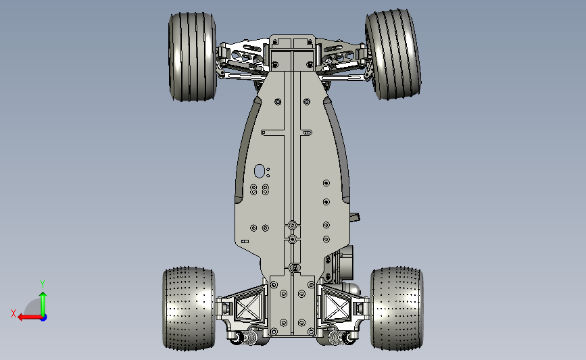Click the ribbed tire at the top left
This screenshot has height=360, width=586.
pyautogui.click(x=192, y=57)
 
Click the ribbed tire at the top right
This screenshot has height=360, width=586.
pyautogui.click(x=393, y=55)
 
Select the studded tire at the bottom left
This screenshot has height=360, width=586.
pyautogui.click(x=189, y=309)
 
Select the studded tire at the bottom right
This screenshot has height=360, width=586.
pyautogui.click(x=397, y=309)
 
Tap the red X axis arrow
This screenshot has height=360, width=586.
pyautogui.click(x=30, y=317)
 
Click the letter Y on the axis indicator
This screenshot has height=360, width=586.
pyautogui.click(x=43, y=284)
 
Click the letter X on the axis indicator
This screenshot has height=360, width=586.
pyautogui.click(x=14, y=313)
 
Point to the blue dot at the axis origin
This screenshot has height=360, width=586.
pyautogui.click(x=44, y=317)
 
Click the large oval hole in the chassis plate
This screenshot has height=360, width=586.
pyautogui.click(x=260, y=171)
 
